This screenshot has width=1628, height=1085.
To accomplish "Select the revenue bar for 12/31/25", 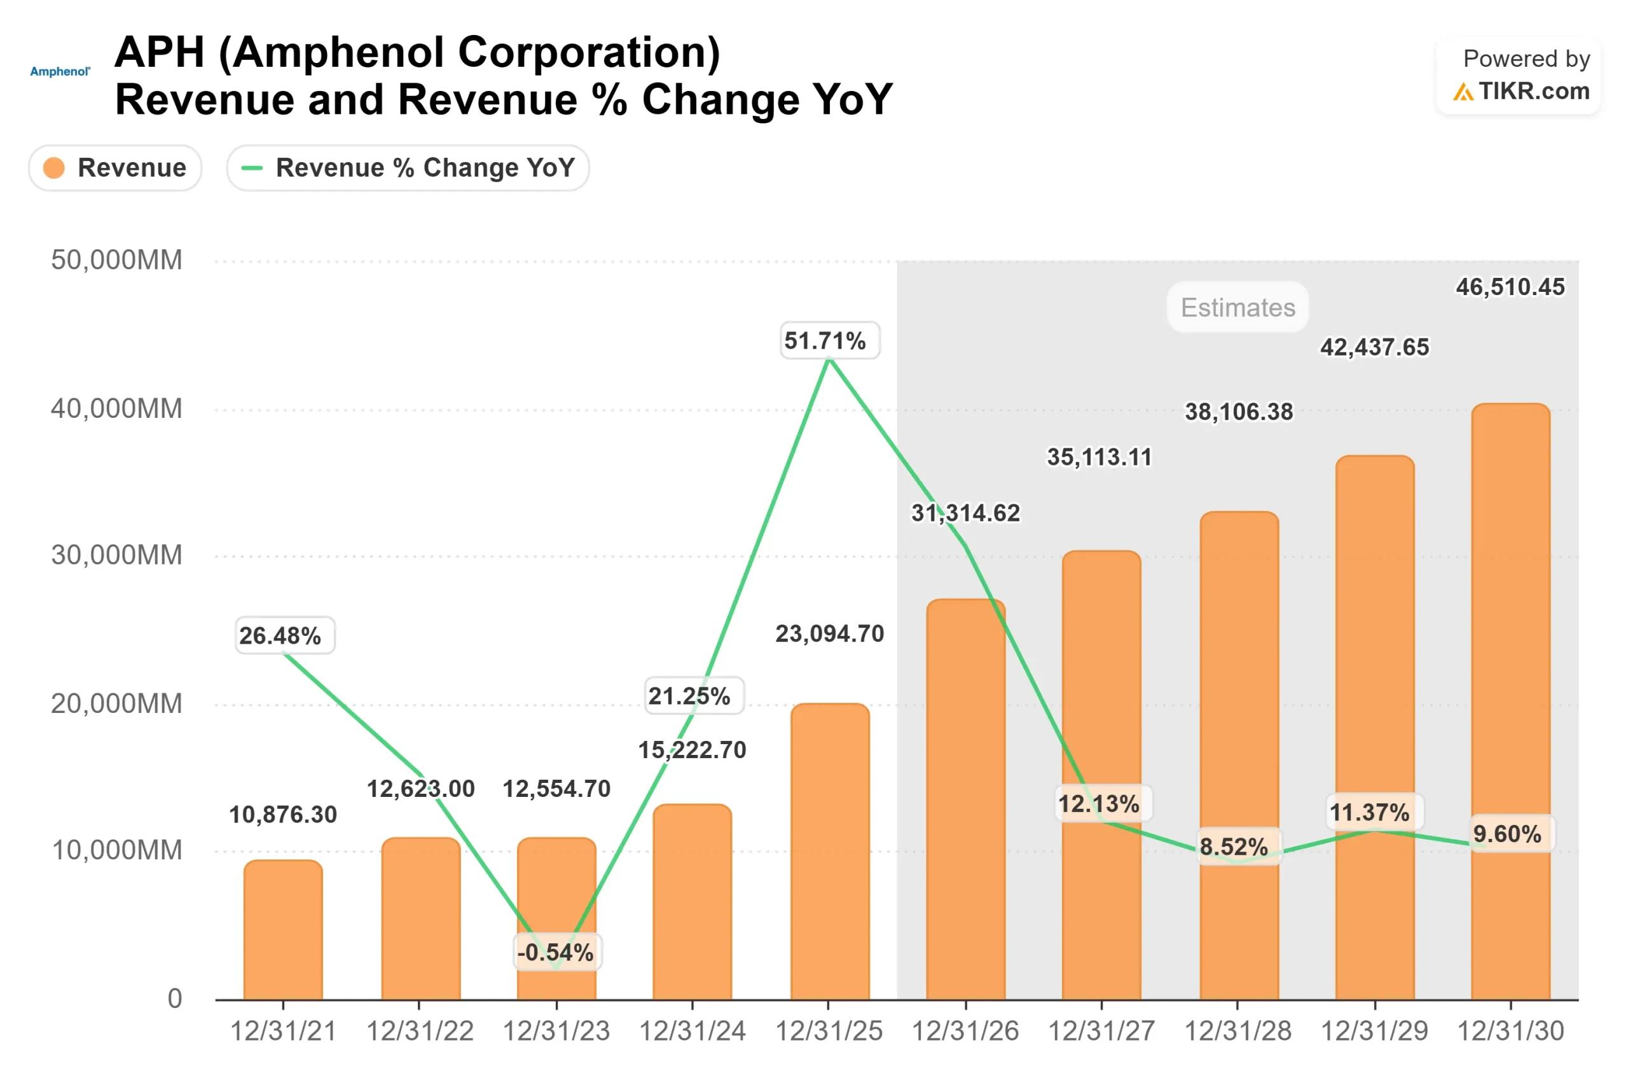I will click(x=829, y=851).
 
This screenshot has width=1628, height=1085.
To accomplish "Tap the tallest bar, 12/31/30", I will click(x=1510, y=699).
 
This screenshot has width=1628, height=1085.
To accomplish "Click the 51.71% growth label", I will click(x=829, y=340).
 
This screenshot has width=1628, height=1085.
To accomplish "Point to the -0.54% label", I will click(x=556, y=952).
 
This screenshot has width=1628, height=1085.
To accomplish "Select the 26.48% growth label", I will click(x=284, y=635).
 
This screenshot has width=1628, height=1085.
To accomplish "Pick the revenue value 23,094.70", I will click(x=829, y=633).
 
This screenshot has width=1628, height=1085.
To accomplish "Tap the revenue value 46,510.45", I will click(x=1510, y=286).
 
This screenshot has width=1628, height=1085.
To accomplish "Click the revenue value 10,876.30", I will click(x=282, y=815).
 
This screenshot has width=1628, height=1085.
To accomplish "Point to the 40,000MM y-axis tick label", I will click(x=116, y=408).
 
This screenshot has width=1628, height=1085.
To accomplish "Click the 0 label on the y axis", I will click(x=174, y=998).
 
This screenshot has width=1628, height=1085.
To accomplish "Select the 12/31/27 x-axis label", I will click(x=1101, y=1031).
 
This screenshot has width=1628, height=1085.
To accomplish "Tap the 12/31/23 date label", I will click(x=556, y=1031).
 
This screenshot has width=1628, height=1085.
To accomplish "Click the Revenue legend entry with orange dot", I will click(x=115, y=167).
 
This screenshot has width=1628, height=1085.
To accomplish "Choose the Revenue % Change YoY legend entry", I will click(x=408, y=167).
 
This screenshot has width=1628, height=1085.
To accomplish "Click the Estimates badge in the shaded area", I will click(x=1237, y=307).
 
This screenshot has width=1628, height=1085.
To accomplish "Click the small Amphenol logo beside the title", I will click(x=60, y=71).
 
